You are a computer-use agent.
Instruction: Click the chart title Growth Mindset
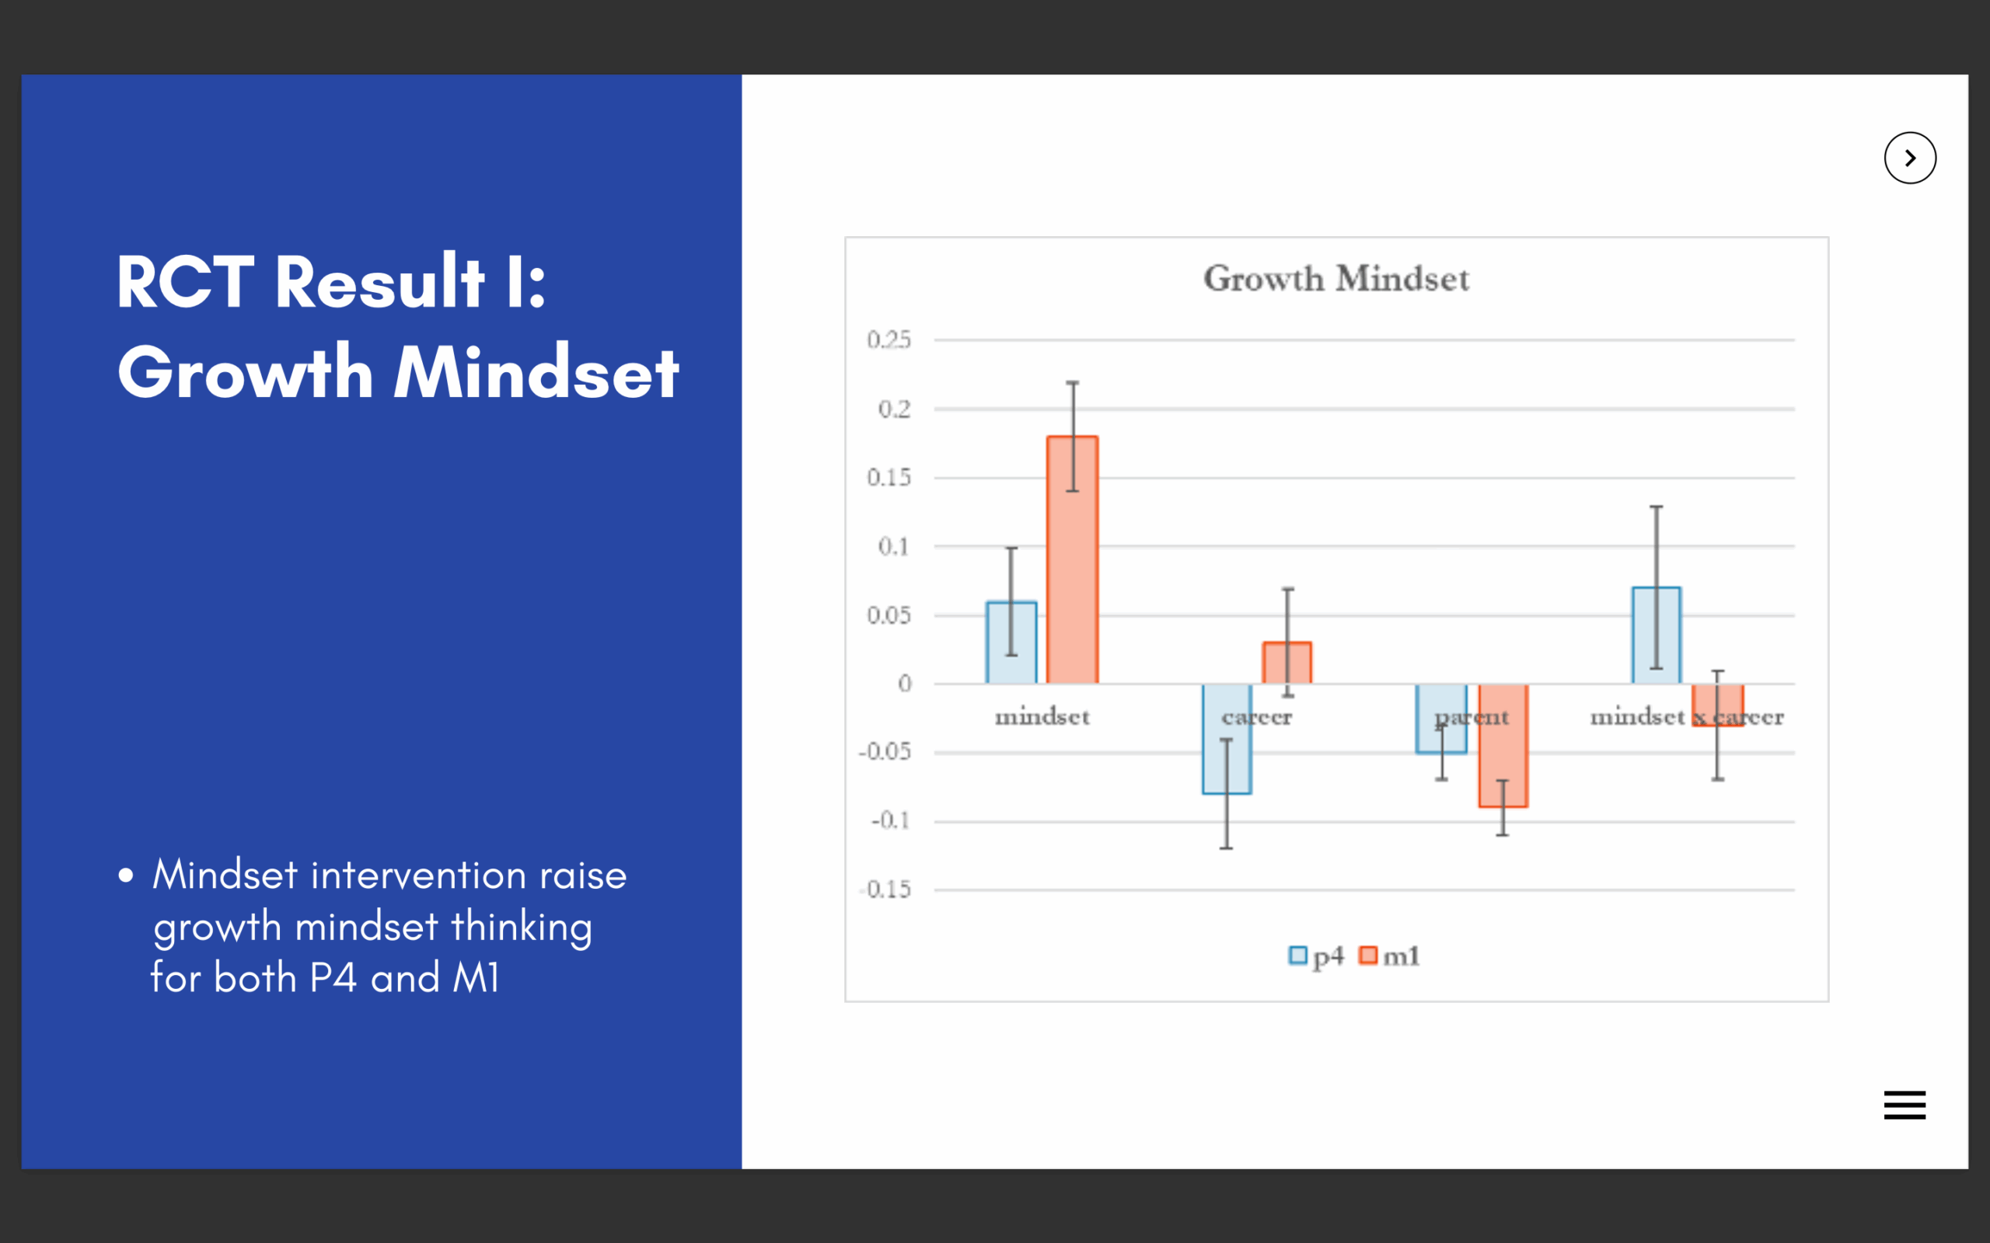1336,279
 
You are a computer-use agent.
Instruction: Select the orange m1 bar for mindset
1072,560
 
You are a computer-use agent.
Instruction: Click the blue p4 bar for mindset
1011,643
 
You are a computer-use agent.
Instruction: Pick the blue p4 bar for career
1227,739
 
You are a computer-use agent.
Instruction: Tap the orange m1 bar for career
1287,663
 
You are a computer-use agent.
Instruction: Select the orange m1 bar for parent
1503,746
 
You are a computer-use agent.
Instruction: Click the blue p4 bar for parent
1441,719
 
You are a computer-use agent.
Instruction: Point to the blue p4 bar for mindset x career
1657,635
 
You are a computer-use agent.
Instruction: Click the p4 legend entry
1316,956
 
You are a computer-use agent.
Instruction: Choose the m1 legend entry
1390,956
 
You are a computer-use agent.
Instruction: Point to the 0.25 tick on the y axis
889,339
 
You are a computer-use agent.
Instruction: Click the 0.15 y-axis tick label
889,478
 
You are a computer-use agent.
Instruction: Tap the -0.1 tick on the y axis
892,820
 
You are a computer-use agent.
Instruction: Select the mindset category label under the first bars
1042,717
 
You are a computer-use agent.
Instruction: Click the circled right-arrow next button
1910,158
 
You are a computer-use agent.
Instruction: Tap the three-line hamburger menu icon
1904,1105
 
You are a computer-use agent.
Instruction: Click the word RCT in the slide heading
186,282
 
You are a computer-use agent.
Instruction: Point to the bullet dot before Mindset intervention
126,875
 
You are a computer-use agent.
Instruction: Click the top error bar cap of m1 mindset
1072,382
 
